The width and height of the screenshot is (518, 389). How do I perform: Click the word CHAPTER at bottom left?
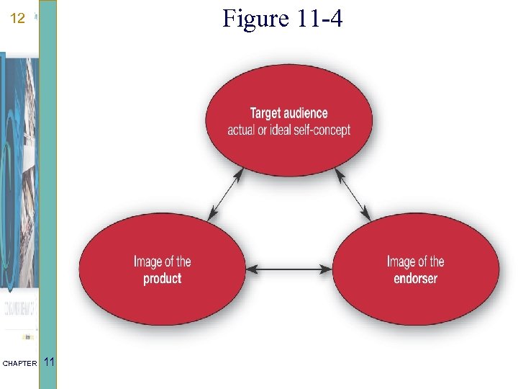(x=19, y=364)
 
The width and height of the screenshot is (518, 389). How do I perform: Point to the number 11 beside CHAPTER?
(x=49, y=362)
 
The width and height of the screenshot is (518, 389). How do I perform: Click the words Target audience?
(x=288, y=113)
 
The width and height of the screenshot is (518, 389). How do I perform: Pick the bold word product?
(x=163, y=279)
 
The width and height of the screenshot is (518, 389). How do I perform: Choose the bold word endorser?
(x=415, y=279)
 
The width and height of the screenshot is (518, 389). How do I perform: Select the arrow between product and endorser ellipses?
(x=289, y=270)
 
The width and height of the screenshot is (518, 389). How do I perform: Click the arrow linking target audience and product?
(x=224, y=195)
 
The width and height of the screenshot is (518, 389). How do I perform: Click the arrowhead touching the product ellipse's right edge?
(x=251, y=270)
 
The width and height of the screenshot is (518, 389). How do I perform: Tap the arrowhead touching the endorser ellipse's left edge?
(x=327, y=270)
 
